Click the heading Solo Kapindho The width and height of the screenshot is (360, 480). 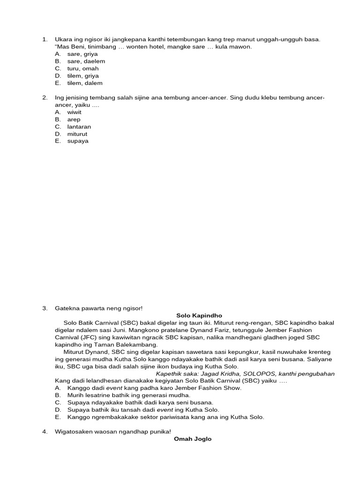coord(192,315)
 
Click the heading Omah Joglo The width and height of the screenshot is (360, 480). coord(193,439)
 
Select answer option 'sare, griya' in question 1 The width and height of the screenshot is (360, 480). coord(82,54)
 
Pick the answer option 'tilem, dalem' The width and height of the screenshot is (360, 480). coord(85,83)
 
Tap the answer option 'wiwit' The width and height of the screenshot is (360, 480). coord(75,112)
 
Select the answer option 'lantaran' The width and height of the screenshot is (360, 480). coord(79,127)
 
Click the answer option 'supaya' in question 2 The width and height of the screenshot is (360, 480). coord(78,141)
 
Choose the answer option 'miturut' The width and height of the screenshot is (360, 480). coord(77,134)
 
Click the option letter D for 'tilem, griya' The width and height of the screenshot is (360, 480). coord(58,76)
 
